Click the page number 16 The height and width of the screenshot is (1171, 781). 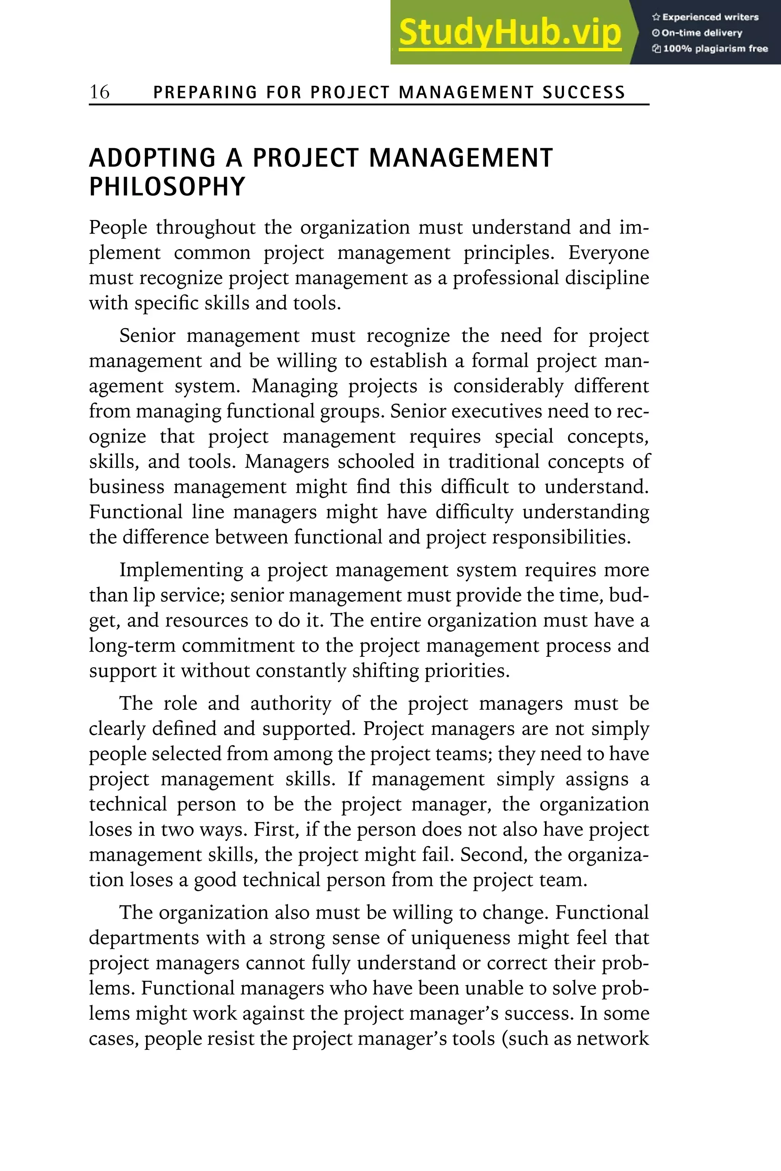coord(99,92)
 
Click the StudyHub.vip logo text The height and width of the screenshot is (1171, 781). coord(509,33)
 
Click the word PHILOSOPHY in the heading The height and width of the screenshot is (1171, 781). coord(167,187)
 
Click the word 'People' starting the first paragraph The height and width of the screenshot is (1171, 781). coord(118,228)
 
